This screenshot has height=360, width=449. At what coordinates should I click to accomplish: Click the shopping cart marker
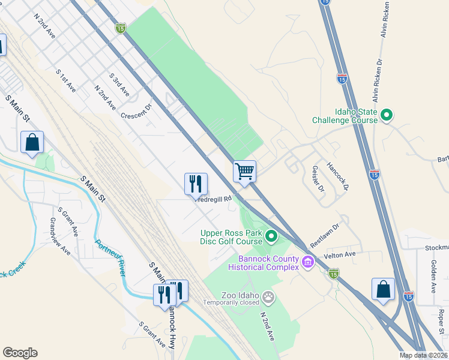(x=244, y=171)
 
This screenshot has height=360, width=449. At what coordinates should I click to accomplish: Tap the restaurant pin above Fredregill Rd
(x=196, y=184)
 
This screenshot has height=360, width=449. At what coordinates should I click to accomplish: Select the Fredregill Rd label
(x=215, y=200)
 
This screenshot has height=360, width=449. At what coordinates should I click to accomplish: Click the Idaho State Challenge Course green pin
(x=387, y=114)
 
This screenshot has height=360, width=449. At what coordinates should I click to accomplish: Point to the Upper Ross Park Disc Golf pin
(x=271, y=237)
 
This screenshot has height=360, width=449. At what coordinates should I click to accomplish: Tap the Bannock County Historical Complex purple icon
(x=308, y=261)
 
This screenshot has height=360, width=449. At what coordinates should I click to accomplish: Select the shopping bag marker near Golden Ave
(x=383, y=289)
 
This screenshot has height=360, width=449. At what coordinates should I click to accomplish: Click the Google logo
(x=20, y=353)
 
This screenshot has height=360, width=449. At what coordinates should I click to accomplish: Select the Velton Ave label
(x=340, y=255)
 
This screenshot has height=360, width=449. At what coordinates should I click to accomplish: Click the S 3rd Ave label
(x=119, y=85)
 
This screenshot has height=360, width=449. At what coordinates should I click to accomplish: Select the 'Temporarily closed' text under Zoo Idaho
(x=231, y=302)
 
